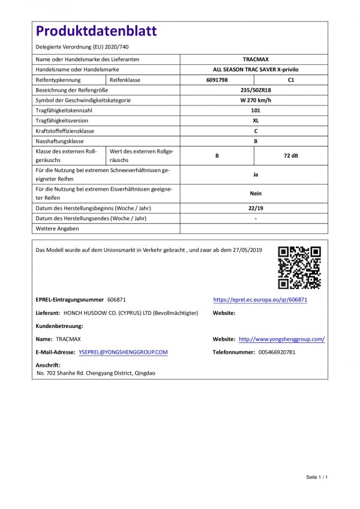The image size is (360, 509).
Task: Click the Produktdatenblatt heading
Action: [x=96, y=32]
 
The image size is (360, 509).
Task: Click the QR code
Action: [x=299, y=267]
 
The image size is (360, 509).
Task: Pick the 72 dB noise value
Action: [x=290, y=155]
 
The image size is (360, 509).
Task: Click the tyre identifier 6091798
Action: [x=217, y=80]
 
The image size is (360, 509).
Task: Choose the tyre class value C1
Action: [x=291, y=80]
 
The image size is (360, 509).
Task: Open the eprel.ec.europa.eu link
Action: [x=260, y=299]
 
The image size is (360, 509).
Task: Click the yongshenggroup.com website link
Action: [x=281, y=339]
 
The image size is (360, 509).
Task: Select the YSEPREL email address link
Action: [x=123, y=353]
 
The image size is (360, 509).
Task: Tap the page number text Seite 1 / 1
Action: [x=316, y=477]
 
